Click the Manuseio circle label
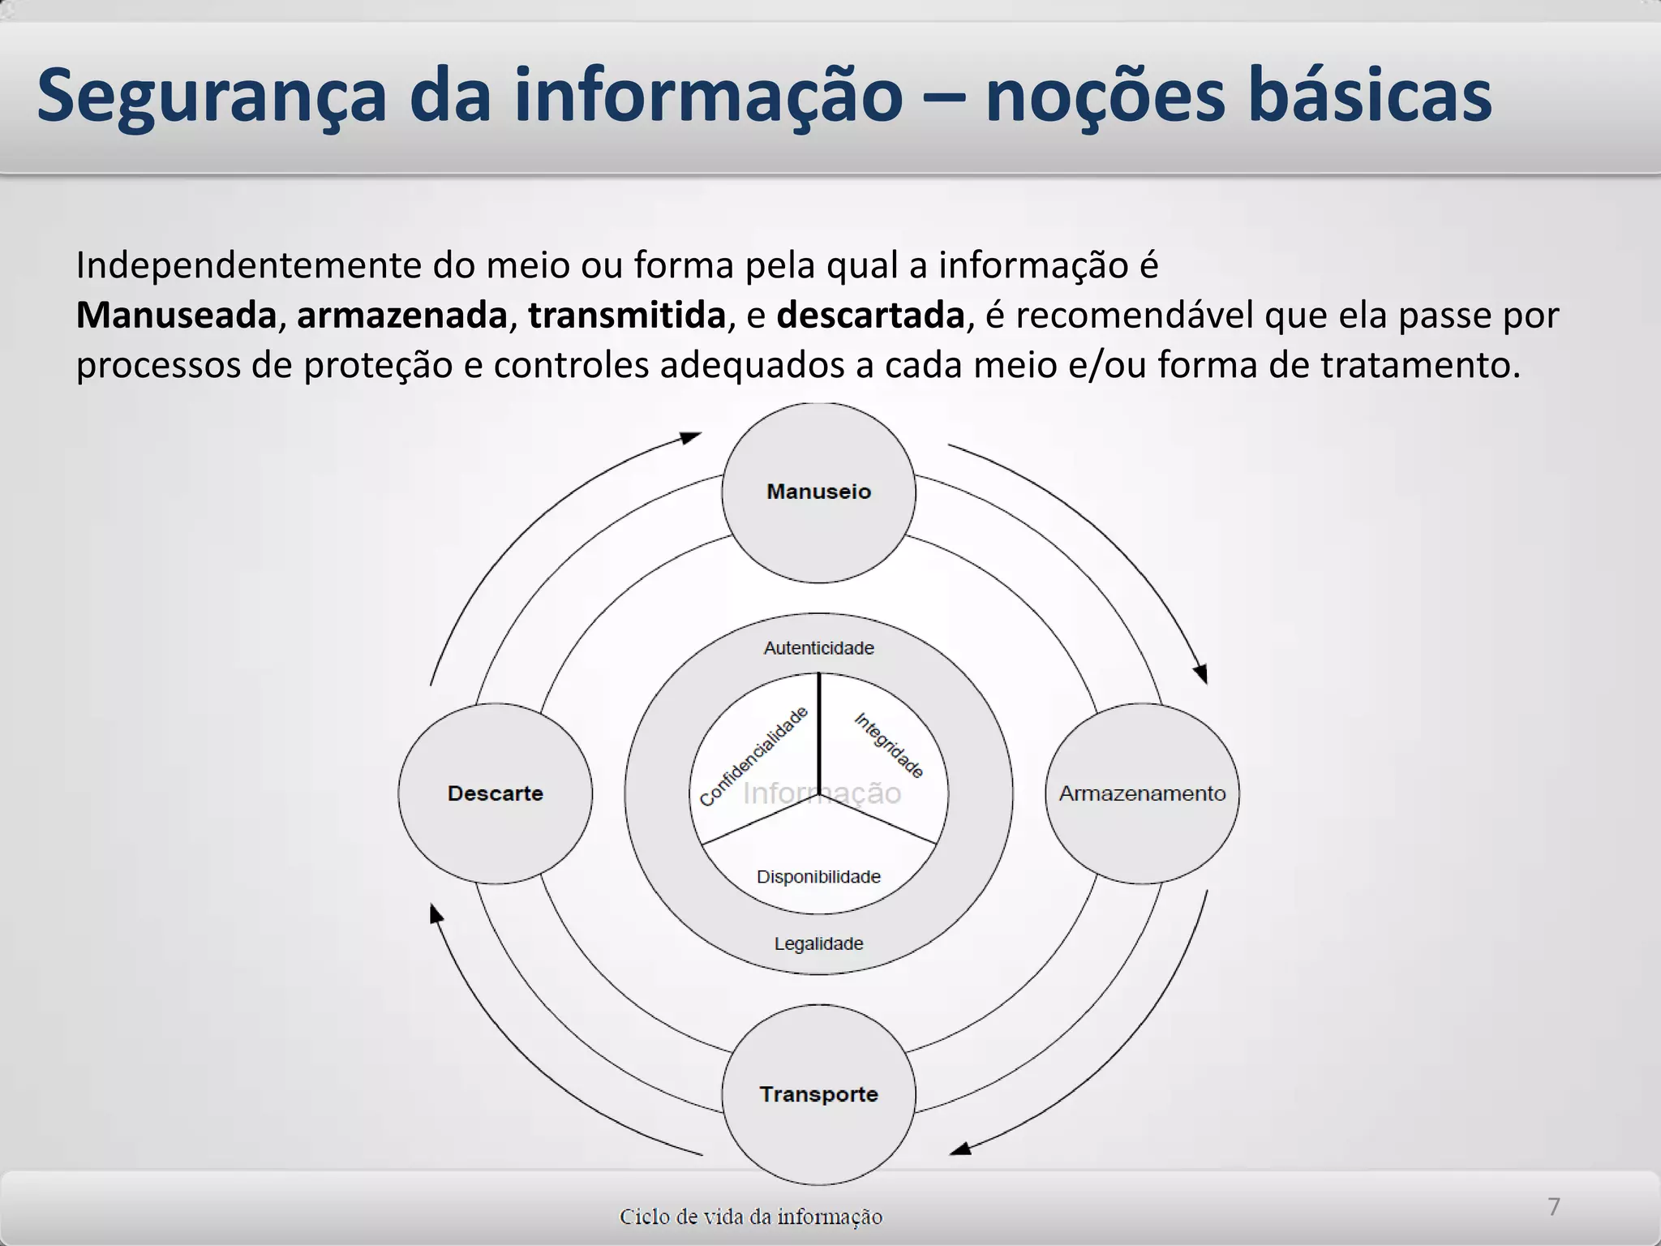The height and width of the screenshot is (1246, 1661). click(x=818, y=492)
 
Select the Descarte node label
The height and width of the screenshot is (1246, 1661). click(x=495, y=793)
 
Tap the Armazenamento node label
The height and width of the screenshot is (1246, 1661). click(x=1142, y=793)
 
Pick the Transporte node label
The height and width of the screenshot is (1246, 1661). click(x=818, y=1094)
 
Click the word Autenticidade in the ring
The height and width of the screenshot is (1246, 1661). click(x=818, y=648)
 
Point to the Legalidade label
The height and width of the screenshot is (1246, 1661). click(x=818, y=943)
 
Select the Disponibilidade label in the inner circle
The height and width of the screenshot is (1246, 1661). click(x=818, y=877)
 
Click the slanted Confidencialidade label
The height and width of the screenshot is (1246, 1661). click(x=753, y=757)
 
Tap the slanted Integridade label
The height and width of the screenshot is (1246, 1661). click(x=889, y=745)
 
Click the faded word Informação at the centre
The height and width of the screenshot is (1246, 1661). click(x=822, y=793)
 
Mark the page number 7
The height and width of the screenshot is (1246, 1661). click(x=1553, y=1206)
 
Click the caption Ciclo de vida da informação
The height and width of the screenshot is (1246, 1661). click(x=750, y=1217)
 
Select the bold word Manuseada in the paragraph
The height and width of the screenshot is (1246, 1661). click(x=176, y=316)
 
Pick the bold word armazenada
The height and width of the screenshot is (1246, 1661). click(x=401, y=316)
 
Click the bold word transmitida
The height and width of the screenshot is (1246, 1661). click(x=626, y=316)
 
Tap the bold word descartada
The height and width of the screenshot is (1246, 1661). click(x=870, y=316)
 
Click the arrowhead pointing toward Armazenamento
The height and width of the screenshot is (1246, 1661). click(x=1201, y=673)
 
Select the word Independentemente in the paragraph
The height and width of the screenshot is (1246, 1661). click(x=249, y=265)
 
